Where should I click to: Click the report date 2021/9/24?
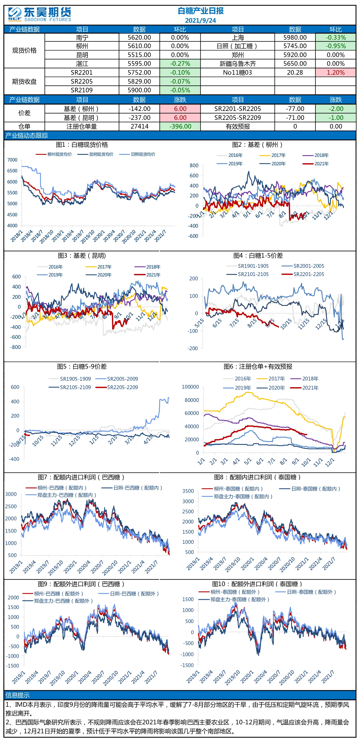click(x=201, y=21)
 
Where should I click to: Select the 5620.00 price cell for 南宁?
click(x=139, y=37)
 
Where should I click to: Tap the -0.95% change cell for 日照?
click(x=336, y=46)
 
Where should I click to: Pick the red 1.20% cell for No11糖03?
click(x=336, y=73)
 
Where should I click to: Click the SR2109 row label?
click(x=82, y=90)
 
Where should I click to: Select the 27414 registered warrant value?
click(x=140, y=126)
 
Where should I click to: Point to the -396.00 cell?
click(x=180, y=126)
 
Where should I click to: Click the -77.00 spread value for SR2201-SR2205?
click(x=295, y=109)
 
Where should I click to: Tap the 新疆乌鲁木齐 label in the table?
click(x=238, y=64)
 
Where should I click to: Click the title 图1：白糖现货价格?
click(x=82, y=145)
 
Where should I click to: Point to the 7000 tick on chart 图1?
click(x=12, y=160)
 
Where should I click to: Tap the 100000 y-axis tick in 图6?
click(x=190, y=387)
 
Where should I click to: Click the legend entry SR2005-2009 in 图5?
click(x=117, y=379)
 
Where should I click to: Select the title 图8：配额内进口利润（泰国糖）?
click(x=257, y=477)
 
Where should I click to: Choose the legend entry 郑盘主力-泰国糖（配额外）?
click(x=234, y=599)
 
